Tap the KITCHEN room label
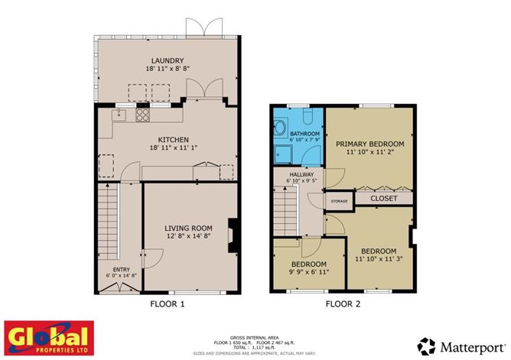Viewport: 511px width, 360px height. (x=170, y=139)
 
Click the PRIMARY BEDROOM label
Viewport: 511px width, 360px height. (x=369, y=143)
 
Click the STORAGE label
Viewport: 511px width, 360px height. (x=338, y=201)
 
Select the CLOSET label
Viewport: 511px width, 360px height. (x=383, y=199)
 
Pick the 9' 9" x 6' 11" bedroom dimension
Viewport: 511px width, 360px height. (x=308, y=271)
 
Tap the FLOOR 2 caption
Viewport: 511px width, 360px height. (x=343, y=304)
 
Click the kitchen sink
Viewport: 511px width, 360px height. (x=119, y=115)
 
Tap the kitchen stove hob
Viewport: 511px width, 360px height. (x=142, y=115)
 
